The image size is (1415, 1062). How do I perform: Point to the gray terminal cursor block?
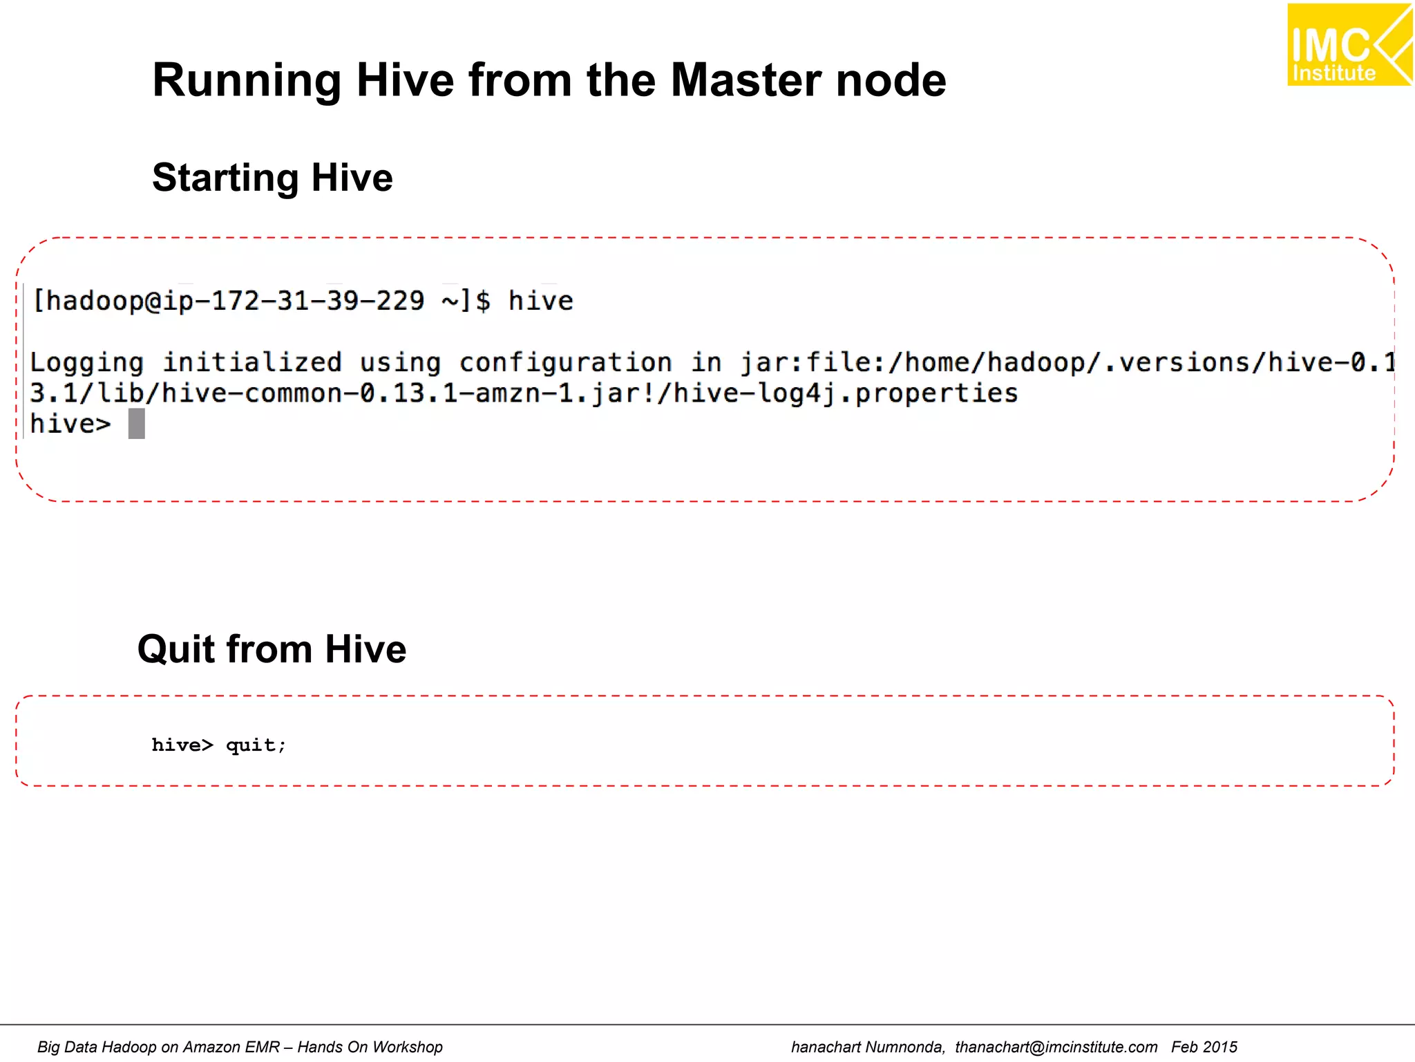pyautogui.click(x=137, y=423)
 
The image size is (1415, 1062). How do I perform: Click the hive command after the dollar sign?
pyautogui.click(x=540, y=301)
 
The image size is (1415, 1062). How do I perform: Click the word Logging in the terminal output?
pyautogui.click(x=87, y=363)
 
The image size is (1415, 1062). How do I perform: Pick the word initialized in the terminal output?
pyautogui.click(x=252, y=363)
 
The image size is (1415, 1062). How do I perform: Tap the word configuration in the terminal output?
pyautogui.click(x=565, y=363)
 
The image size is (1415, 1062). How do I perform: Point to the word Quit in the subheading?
pyautogui.click(x=176, y=649)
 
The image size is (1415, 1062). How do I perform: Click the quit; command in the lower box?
pyautogui.click(x=256, y=745)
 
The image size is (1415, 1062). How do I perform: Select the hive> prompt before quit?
pyautogui.click(x=182, y=745)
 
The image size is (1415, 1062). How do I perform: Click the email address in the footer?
pyautogui.click(x=1056, y=1047)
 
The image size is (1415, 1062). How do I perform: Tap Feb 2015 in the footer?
pyautogui.click(x=1204, y=1047)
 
